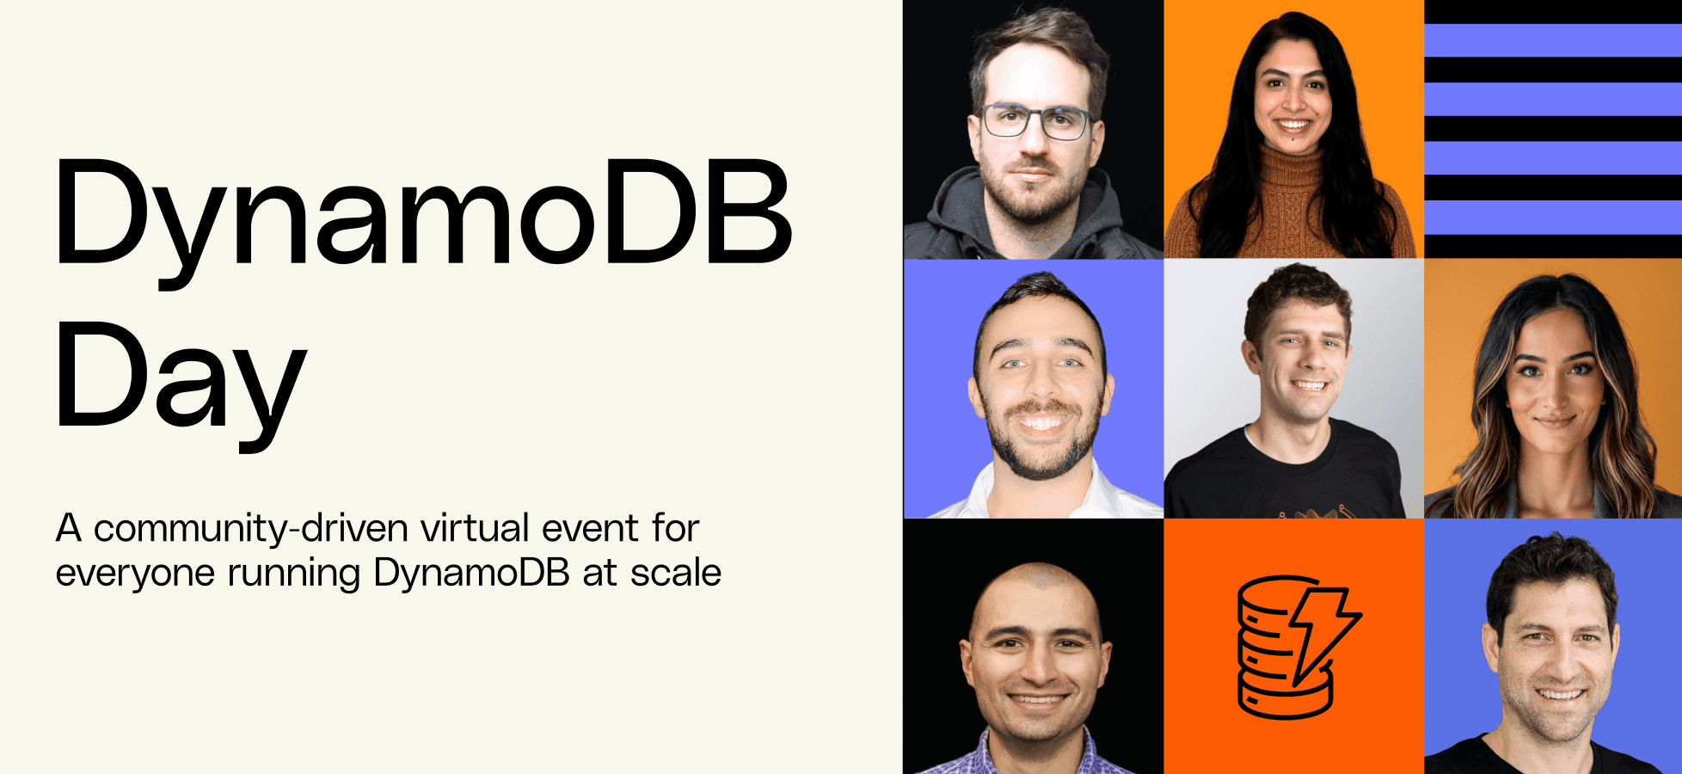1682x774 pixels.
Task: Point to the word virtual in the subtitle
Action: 475,527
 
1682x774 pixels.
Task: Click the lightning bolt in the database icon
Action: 1321,631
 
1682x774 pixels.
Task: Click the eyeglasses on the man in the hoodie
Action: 1037,121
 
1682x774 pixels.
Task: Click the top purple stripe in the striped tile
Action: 1553,40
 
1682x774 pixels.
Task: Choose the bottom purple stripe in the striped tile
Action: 1553,218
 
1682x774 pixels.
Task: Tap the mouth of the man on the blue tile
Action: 1559,693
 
